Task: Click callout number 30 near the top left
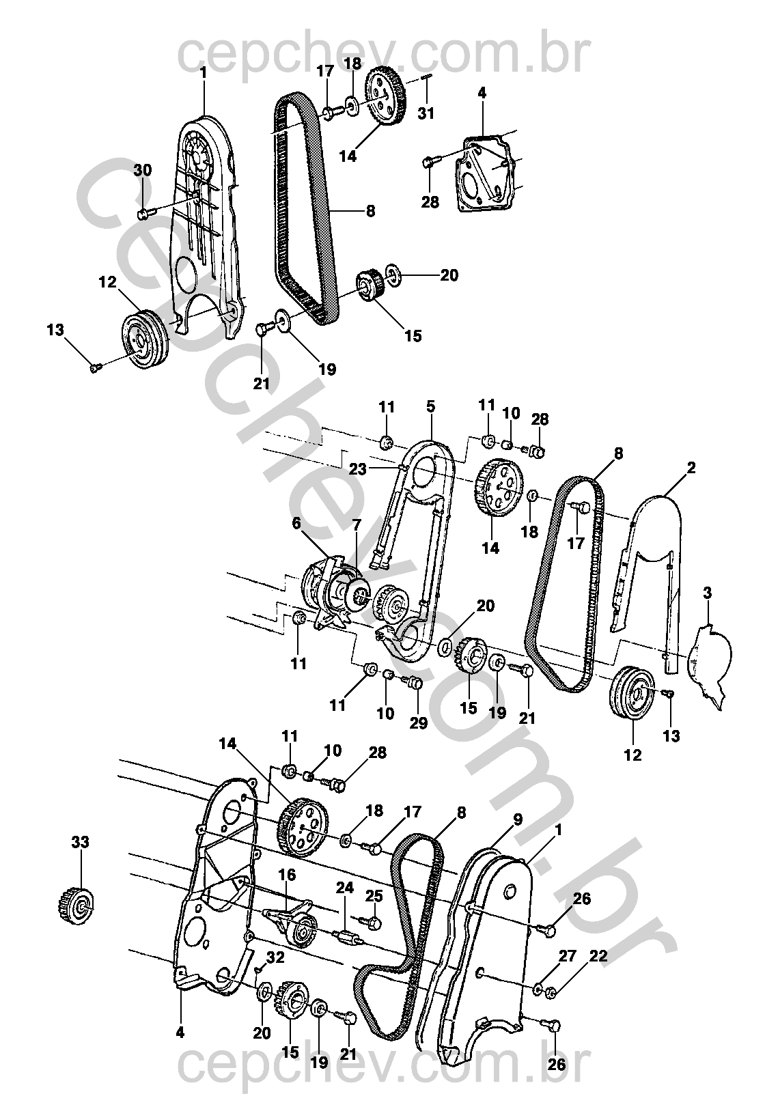pos(142,171)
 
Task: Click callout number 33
pos(81,843)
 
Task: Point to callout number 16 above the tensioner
pos(287,875)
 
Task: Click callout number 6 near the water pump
pos(296,524)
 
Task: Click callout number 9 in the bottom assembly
pos(518,819)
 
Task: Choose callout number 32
pos(275,958)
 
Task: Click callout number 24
pos(344,888)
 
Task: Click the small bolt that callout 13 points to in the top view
pos(95,368)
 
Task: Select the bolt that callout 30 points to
pos(143,214)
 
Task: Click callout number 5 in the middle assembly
pos(430,407)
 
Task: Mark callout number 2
pos(691,468)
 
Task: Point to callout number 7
pos(356,524)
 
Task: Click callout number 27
pos(568,957)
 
